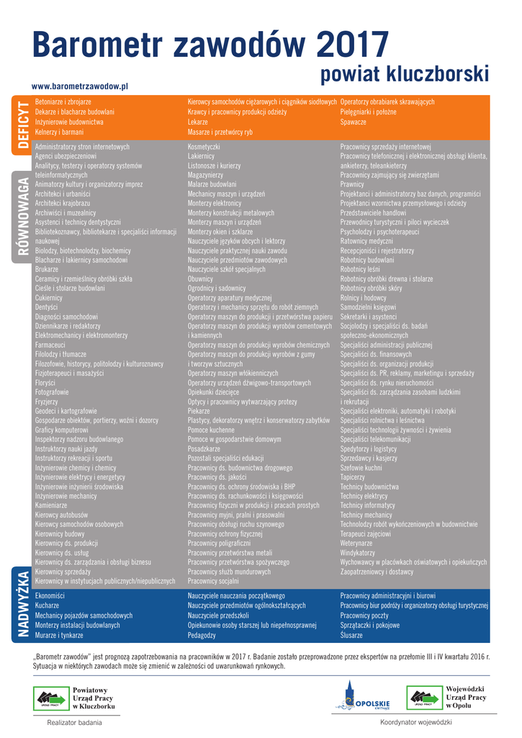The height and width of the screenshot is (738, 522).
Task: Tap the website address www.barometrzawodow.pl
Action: coord(79,86)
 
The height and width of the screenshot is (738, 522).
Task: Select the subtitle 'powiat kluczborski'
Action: coord(405,74)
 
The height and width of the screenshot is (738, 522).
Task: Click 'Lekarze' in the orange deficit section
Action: coord(198,123)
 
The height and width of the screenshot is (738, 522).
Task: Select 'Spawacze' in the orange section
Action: coord(354,123)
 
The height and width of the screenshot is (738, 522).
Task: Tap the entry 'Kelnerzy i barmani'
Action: coord(60,133)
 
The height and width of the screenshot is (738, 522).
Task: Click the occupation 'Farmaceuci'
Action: coord(50,345)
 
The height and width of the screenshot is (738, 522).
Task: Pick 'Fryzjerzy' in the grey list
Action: coord(48,401)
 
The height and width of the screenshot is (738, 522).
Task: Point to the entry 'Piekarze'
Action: coord(199,409)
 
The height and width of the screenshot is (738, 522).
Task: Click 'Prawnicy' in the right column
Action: coord(352,184)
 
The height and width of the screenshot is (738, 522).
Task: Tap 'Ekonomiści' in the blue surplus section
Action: coord(50,596)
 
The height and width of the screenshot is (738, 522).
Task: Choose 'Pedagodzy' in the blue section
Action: coord(202,636)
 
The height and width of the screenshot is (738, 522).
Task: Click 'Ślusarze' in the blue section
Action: coord(353,636)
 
